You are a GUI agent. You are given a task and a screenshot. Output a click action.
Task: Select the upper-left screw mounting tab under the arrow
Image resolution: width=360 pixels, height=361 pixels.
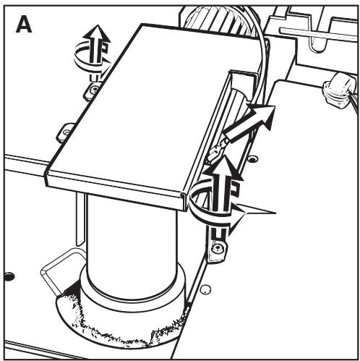coord(93,89)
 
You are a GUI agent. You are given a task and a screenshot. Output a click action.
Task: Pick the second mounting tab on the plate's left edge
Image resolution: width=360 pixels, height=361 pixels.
coord(66,131)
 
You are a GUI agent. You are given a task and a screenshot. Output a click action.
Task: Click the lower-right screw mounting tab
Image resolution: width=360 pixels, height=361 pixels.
coord(218,250)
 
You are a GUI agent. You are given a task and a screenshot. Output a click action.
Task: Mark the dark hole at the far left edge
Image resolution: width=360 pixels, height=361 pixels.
coord(9,276)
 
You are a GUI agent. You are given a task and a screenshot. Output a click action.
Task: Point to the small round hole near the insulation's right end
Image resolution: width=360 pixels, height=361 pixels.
coord(205,289)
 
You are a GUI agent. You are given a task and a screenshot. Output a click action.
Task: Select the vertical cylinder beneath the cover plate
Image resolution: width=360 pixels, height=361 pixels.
coord(130,239)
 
